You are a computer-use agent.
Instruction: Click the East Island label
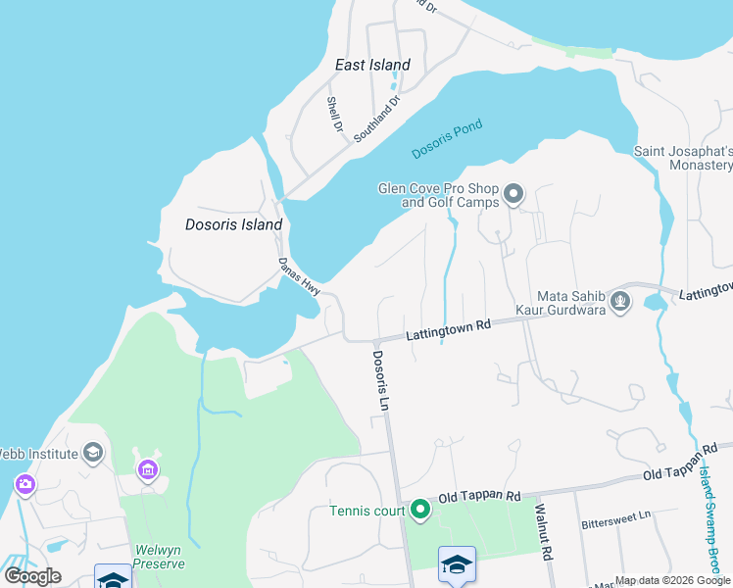point(372,65)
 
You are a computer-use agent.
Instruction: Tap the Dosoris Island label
point(234,224)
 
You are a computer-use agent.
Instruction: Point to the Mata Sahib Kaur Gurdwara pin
point(619,302)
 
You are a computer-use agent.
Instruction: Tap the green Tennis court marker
point(420,509)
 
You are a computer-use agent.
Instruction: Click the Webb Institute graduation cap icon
point(93,452)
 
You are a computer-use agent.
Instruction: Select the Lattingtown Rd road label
point(448,330)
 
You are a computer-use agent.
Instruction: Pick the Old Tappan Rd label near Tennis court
point(478,497)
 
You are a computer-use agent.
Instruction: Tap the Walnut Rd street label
point(541,530)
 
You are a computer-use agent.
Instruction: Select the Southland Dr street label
point(377,118)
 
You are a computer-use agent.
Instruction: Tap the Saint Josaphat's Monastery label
point(683,158)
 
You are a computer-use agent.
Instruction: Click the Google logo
point(32,576)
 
